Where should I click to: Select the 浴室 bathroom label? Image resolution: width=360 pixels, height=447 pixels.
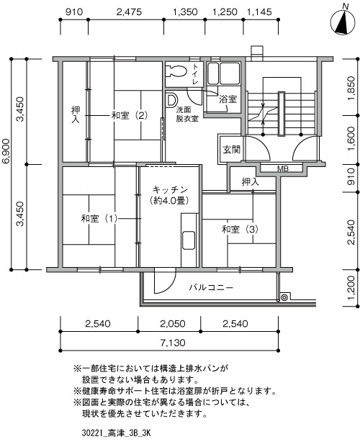(228, 99)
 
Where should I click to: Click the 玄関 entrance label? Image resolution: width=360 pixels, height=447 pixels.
(231, 150)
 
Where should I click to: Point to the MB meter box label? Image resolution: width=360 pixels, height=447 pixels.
(283, 168)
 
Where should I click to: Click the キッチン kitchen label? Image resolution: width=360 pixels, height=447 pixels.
(170, 190)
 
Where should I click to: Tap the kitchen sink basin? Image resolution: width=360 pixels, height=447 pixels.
(189, 240)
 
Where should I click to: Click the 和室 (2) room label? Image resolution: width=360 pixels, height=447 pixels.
(129, 115)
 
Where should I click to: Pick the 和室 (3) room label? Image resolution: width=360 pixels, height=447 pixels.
(240, 229)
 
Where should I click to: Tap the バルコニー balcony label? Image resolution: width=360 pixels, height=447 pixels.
(211, 287)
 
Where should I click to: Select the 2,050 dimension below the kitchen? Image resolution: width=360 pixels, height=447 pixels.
(173, 324)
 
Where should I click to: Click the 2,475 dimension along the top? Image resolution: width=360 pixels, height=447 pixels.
(129, 12)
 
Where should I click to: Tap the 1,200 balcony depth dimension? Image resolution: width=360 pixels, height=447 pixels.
(351, 287)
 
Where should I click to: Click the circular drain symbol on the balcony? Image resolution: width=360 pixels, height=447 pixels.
(284, 297)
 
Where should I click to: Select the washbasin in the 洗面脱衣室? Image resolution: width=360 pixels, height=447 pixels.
(171, 100)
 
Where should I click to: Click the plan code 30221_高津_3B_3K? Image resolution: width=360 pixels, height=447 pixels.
(116, 433)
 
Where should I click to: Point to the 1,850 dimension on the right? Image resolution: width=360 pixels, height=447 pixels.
(351, 88)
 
